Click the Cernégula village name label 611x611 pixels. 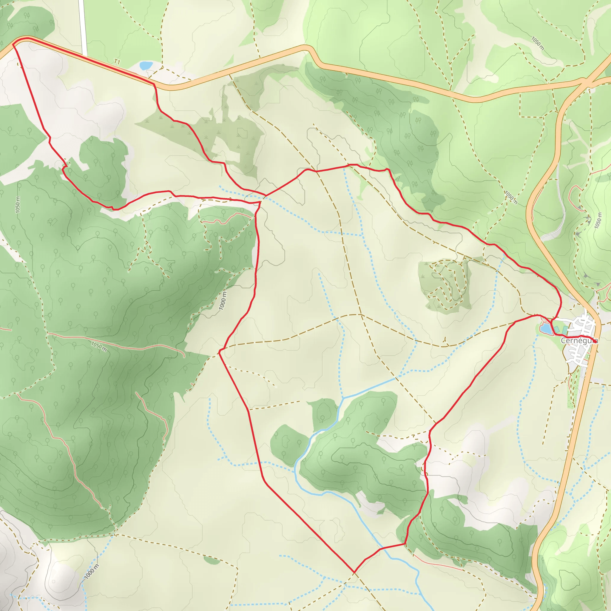click(579, 341)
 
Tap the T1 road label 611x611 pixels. click(117, 62)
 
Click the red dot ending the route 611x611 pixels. click(595, 341)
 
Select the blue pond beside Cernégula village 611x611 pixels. click(546, 328)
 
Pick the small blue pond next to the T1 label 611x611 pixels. click(146, 65)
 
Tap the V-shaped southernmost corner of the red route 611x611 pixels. click(354, 572)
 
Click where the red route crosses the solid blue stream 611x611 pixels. click(381, 548)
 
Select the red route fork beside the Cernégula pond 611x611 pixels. click(551, 321)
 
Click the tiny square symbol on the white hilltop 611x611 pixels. click(53, 581)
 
